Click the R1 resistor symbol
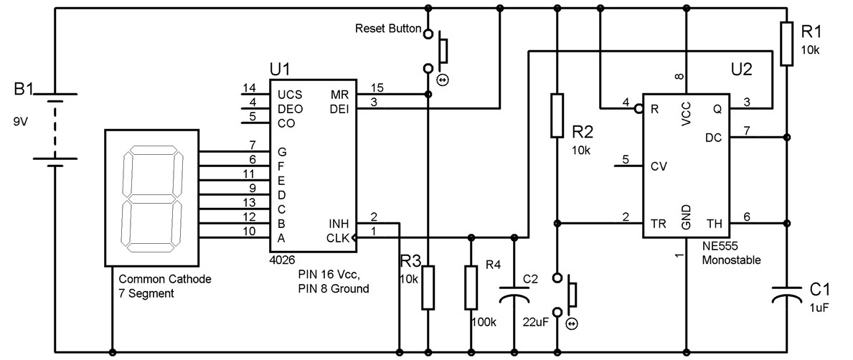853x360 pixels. (787, 44)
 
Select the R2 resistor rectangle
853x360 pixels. (557, 115)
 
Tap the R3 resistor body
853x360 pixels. (428, 287)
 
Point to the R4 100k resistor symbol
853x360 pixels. (471, 287)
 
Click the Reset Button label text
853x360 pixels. (387, 29)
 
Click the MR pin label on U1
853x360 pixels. (339, 95)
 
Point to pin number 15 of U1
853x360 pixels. (377, 87)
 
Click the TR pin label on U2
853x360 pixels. (658, 223)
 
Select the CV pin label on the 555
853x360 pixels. (659, 166)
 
